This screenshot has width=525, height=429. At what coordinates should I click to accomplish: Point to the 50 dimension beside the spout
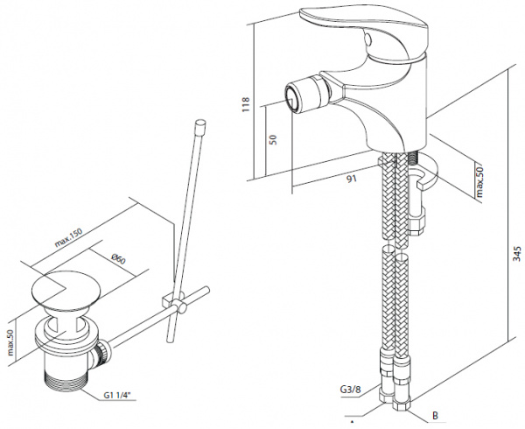click(x=273, y=140)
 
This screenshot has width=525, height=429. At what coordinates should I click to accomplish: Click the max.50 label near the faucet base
click(x=479, y=179)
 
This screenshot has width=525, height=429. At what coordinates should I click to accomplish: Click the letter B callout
click(x=433, y=417)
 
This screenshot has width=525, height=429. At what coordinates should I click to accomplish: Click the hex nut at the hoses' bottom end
click(x=399, y=403)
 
